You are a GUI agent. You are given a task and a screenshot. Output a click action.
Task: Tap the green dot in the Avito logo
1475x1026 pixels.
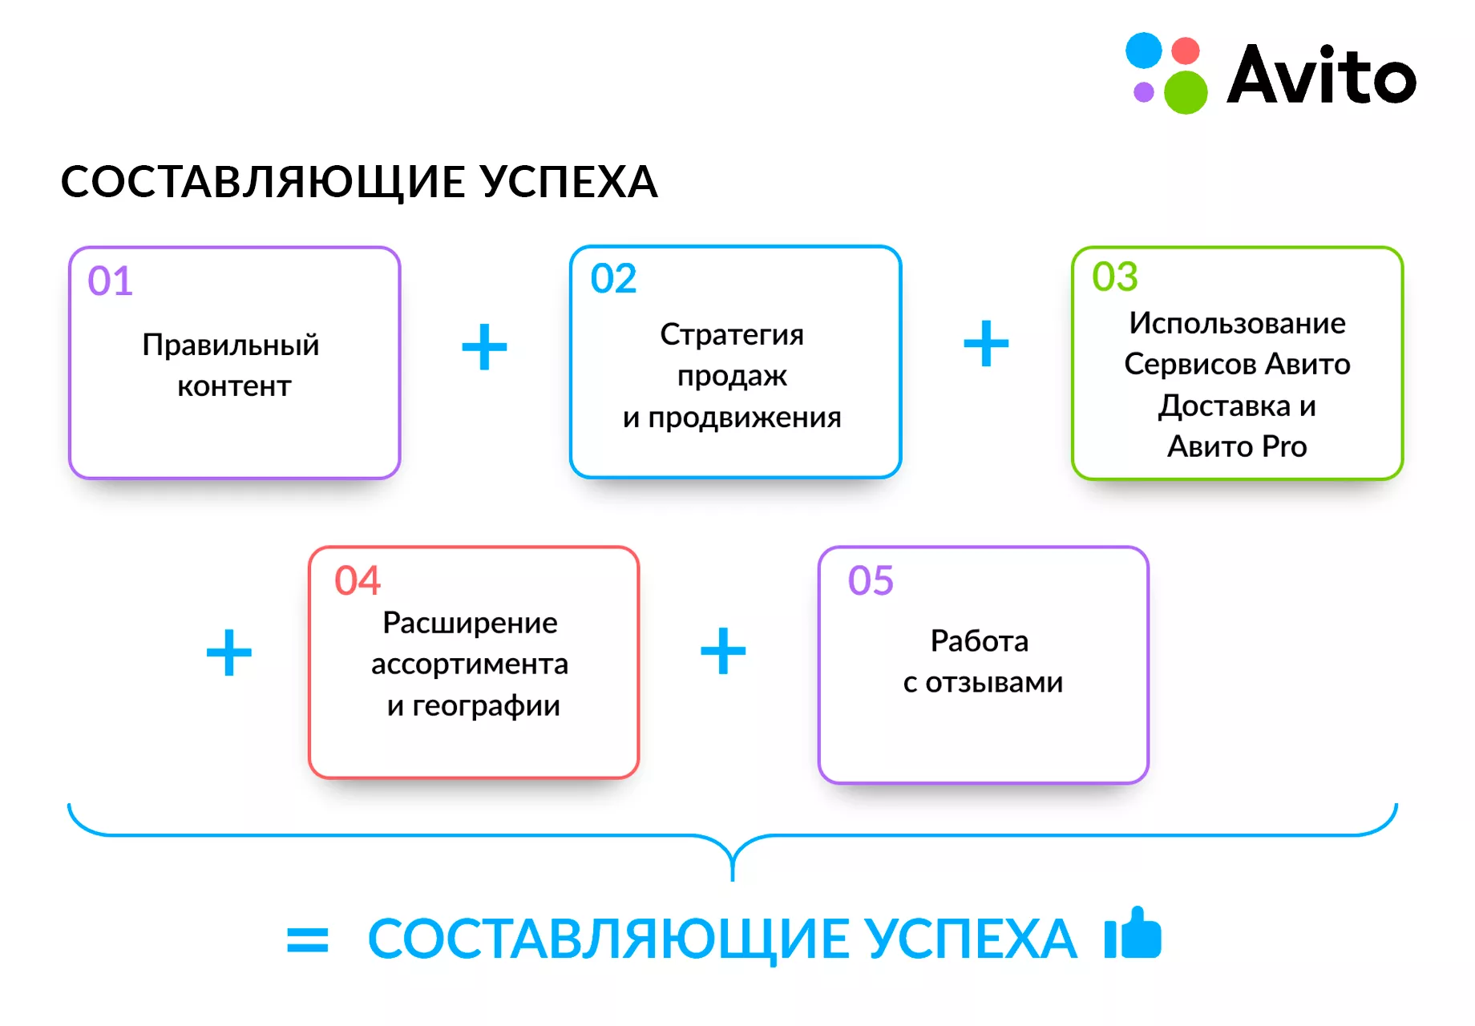click(1186, 92)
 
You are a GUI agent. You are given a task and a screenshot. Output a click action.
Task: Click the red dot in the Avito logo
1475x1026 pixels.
click(1186, 50)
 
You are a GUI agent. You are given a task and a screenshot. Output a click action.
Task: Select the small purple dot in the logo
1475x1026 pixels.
click(1144, 92)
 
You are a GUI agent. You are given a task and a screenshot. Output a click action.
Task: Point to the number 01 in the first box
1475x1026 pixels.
click(111, 281)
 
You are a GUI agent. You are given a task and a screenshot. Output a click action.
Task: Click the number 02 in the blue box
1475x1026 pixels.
click(613, 279)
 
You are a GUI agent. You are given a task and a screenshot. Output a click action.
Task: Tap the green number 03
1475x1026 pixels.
click(1115, 277)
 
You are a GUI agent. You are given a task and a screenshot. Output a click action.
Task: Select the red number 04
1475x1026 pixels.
click(358, 580)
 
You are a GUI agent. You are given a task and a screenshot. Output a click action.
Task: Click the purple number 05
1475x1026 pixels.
click(871, 580)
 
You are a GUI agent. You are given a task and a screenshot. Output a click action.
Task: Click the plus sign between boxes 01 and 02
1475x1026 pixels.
click(485, 347)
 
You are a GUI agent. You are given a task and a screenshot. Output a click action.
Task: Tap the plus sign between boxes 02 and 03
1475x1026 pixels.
click(986, 344)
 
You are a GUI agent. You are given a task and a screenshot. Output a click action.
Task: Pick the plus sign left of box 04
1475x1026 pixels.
click(229, 652)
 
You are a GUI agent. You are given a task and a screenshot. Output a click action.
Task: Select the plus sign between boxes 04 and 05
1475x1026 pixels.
click(723, 651)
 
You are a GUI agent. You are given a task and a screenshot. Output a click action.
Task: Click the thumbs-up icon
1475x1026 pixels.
click(1133, 932)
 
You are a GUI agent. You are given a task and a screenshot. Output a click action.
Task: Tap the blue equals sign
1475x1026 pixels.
click(308, 940)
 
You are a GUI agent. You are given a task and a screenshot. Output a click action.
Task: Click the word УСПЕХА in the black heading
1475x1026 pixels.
click(570, 182)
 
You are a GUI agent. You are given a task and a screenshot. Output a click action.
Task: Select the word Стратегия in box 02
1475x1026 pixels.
click(732, 335)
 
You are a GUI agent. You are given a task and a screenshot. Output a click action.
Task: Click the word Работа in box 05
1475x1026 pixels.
click(980, 641)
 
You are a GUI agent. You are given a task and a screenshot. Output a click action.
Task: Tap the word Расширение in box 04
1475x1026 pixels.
click(470, 624)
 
